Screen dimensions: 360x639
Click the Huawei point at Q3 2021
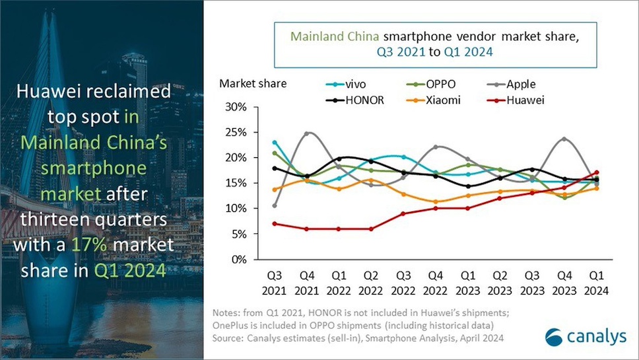click(275, 223)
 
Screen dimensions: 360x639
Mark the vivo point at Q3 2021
click(275, 142)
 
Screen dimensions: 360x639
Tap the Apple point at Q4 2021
click(307, 133)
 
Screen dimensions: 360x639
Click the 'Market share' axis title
click(249, 83)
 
